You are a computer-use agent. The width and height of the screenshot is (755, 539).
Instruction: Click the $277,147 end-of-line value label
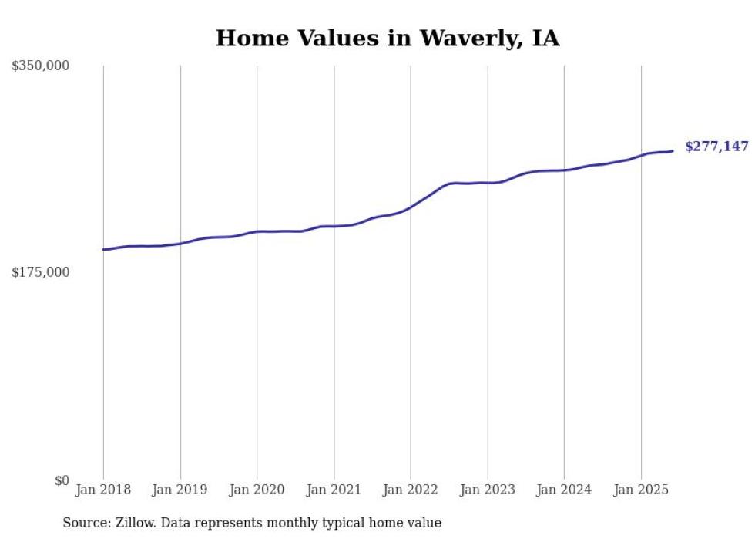pos(716,147)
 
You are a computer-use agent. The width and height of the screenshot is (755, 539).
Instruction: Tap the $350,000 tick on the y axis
pos(41,66)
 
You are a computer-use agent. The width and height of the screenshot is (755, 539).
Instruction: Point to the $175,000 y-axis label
pos(41,272)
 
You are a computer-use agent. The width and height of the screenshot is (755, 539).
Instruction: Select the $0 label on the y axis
pos(62,480)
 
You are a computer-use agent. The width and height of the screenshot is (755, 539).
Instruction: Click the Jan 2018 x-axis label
pos(103,490)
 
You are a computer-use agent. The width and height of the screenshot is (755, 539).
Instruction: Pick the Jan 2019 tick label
pos(180,490)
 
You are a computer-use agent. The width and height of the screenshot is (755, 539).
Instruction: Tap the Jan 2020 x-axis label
pos(257,490)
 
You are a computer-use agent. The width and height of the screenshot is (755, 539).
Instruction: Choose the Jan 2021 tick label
pos(334,490)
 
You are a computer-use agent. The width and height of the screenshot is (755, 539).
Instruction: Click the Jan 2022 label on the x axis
pos(411,490)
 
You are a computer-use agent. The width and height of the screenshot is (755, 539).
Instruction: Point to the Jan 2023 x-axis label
pos(488,490)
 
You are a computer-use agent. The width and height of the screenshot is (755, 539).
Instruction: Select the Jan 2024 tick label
pos(564,490)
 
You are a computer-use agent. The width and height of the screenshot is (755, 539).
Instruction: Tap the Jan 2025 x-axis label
pos(641,490)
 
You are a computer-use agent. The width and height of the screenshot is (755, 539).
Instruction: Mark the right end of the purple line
pos(673,151)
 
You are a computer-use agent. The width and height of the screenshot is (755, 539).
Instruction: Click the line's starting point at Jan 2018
pos(103,249)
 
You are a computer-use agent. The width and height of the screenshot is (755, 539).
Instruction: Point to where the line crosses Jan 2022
pos(411,207)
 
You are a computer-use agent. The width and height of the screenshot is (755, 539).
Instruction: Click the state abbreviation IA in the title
pos(545,38)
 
